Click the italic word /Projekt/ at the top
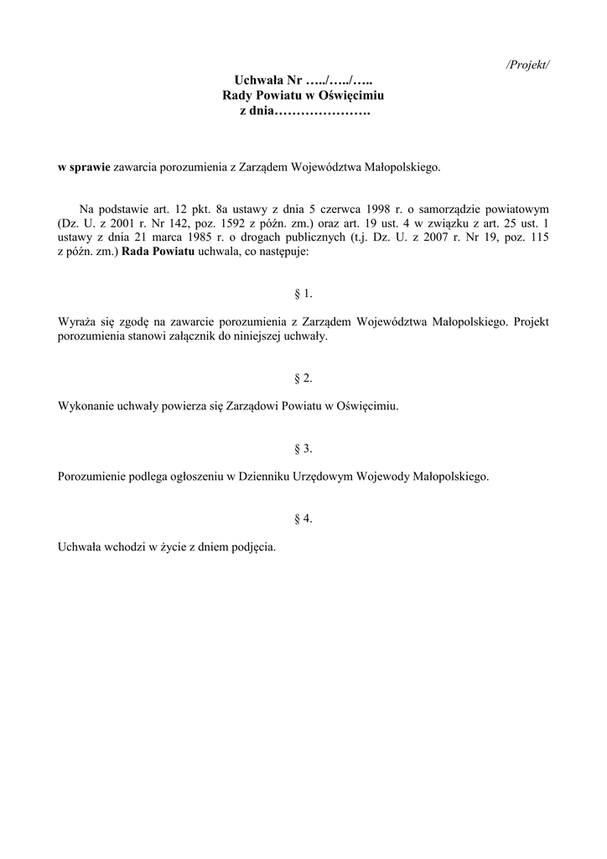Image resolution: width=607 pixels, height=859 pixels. [528, 65]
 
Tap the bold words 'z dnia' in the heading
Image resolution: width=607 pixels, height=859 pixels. [257, 112]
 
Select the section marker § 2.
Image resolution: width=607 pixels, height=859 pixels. [303, 378]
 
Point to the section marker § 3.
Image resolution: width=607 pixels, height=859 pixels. [303, 449]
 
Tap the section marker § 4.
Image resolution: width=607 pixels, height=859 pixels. [303, 519]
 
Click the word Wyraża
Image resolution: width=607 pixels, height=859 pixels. [77, 321]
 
